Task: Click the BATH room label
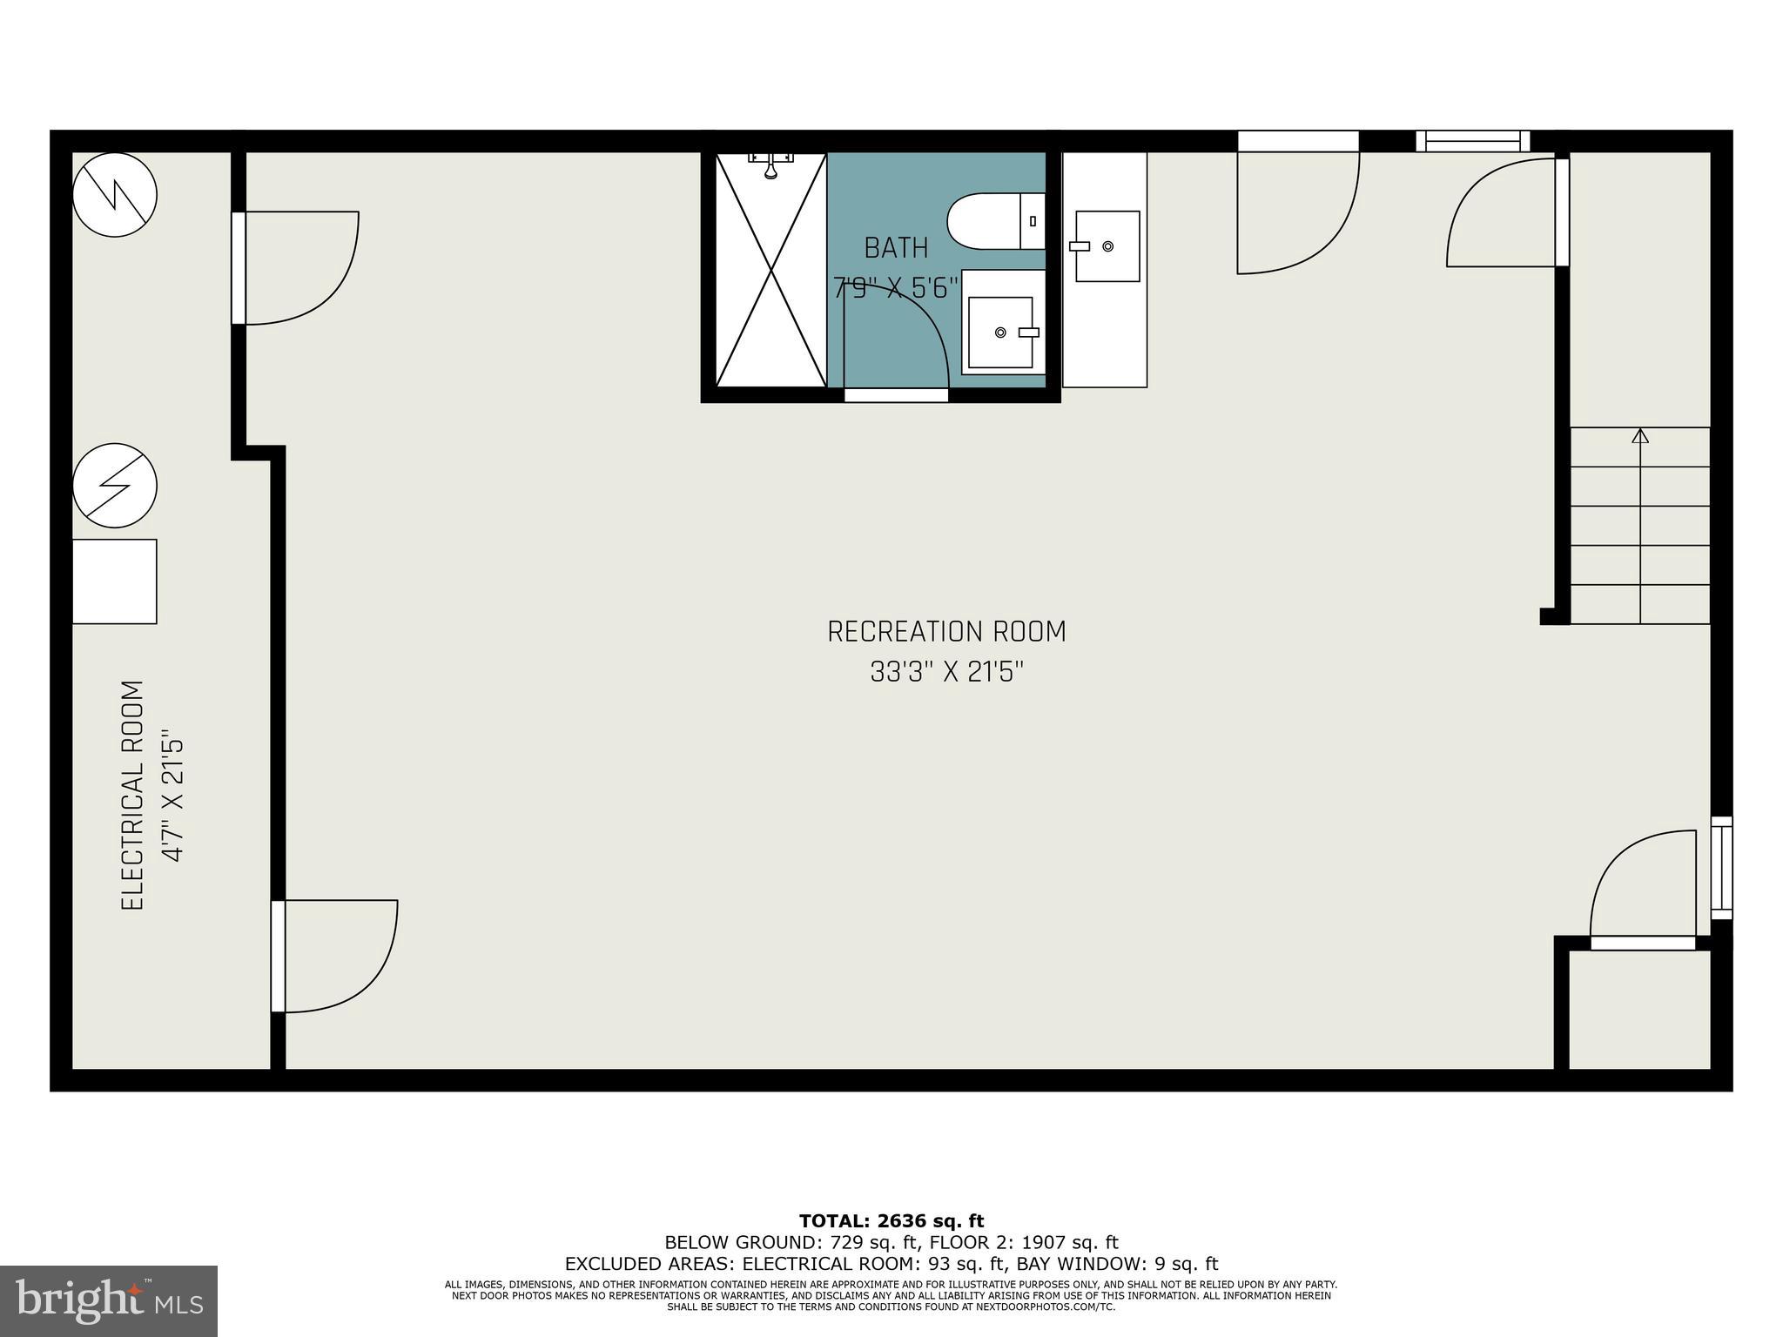click(896, 248)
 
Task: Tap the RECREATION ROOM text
click(946, 632)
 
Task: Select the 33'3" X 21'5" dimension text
click(946, 672)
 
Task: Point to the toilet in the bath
click(995, 221)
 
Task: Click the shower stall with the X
click(770, 270)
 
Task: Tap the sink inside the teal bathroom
click(1002, 332)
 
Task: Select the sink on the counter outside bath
click(1107, 246)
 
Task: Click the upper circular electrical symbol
click(115, 195)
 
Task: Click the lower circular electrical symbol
click(115, 485)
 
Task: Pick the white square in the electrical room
click(114, 581)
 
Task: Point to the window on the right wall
click(1721, 867)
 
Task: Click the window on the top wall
click(1472, 141)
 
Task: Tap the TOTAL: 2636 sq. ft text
click(891, 1221)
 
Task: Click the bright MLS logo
click(109, 1300)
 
